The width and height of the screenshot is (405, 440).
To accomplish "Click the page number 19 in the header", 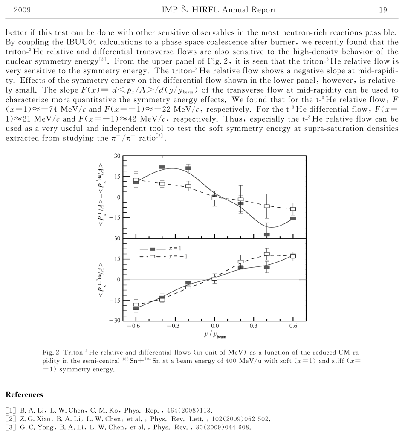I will [382, 10].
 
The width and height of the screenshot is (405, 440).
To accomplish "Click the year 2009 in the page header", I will [22, 10].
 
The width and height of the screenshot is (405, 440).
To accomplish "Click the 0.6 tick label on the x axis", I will [293, 327].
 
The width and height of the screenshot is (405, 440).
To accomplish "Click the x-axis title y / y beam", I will [215, 334].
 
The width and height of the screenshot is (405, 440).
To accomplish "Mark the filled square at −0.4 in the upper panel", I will [162, 168].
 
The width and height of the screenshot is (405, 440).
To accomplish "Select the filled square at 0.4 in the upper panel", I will [267, 234].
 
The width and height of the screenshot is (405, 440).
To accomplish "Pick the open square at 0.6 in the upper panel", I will [293, 209].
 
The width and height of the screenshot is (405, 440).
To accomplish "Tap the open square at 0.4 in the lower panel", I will [267, 255].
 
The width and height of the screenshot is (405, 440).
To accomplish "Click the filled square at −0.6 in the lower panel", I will [136, 308].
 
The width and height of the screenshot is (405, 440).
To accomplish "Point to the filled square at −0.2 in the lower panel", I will [188, 284].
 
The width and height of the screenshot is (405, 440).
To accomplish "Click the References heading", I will [24, 395].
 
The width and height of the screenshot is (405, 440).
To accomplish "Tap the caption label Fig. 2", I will [51, 353].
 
